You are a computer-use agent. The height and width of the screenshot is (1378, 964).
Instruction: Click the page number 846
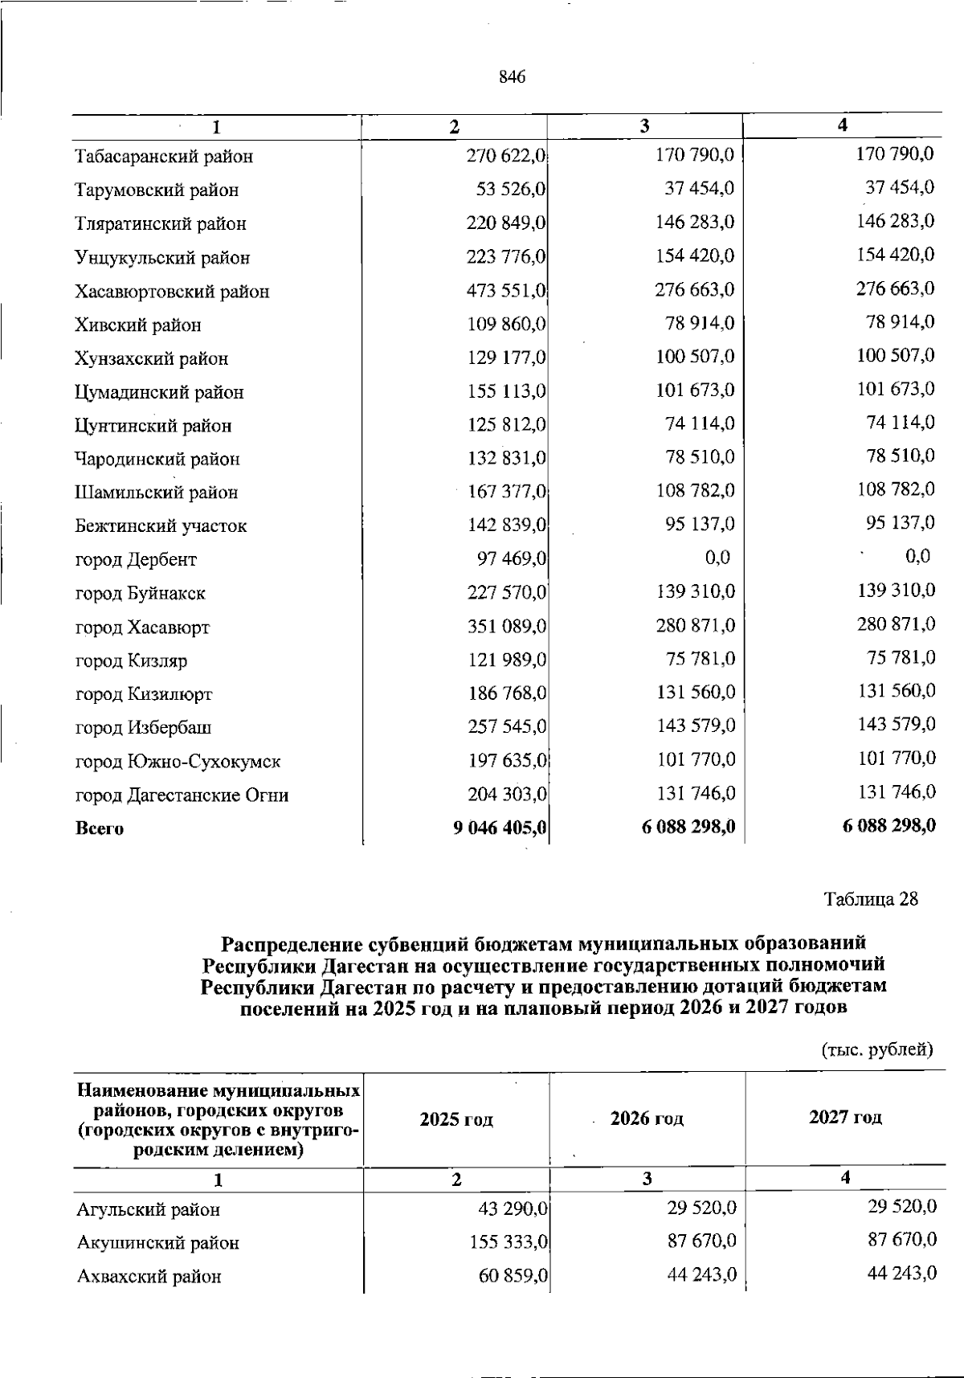pyautogui.click(x=512, y=77)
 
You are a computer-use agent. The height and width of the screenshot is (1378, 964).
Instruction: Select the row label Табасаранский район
pyautogui.click(x=164, y=157)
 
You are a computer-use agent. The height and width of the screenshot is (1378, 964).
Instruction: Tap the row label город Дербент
pyautogui.click(x=136, y=559)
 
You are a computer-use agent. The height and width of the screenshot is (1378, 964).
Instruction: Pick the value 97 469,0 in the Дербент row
pyautogui.click(x=507, y=558)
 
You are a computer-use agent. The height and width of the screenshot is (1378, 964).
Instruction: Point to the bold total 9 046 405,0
pyautogui.click(x=500, y=828)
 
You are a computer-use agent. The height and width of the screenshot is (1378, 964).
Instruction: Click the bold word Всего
pyautogui.click(x=100, y=828)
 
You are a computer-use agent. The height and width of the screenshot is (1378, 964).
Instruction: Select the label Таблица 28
pyautogui.click(x=871, y=899)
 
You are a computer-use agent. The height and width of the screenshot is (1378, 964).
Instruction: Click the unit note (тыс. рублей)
pyautogui.click(x=876, y=1049)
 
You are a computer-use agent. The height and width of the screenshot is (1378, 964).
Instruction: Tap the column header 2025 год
pyautogui.click(x=456, y=1119)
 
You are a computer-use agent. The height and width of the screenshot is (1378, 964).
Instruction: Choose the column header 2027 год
pyautogui.click(x=845, y=1117)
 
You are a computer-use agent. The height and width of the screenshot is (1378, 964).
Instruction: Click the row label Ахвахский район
pyautogui.click(x=149, y=1276)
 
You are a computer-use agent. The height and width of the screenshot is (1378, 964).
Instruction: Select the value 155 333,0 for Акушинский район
pyautogui.click(x=509, y=1242)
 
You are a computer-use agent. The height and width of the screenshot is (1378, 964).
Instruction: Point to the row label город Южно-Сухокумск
pyautogui.click(x=178, y=761)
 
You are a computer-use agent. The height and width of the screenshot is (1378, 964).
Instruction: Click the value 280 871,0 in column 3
pyautogui.click(x=696, y=625)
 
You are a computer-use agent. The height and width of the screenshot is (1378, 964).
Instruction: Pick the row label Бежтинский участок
pyautogui.click(x=161, y=526)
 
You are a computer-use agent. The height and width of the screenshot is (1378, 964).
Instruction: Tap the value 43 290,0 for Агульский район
pyautogui.click(x=513, y=1208)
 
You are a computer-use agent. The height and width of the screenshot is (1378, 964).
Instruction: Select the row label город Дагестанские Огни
pyautogui.click(x=182, y=795)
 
